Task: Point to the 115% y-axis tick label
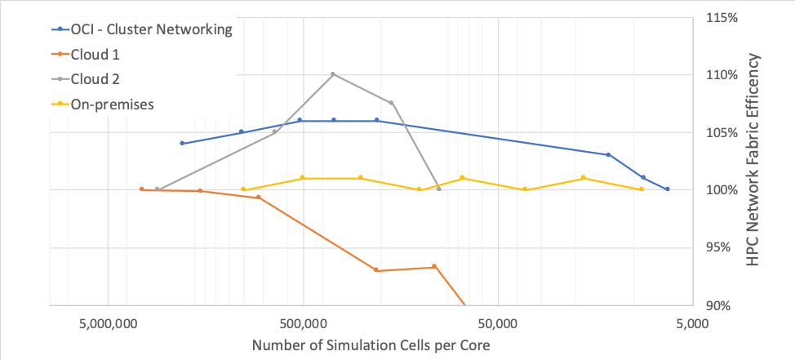[x=721, y=17]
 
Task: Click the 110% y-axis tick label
[x=721, y=75]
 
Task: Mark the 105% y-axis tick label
[x=721, y=132]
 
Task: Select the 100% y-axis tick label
[x=721, y=190]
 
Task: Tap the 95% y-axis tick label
[x=724, y=248]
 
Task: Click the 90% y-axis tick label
[x=724, y=306]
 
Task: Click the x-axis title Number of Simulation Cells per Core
[x=371, y=344]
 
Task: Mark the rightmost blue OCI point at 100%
[x=668, y=189]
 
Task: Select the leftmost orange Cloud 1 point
[x=142, y=189]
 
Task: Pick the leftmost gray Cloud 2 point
[x=158, y=189]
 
